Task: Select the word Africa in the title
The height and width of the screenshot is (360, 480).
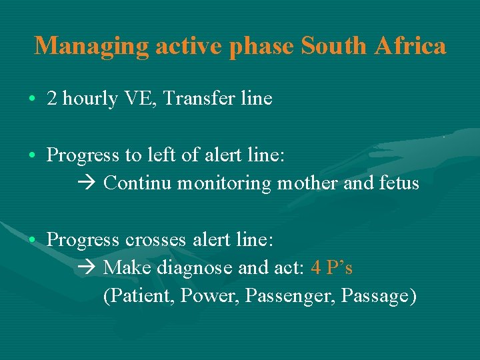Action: click(410, 46)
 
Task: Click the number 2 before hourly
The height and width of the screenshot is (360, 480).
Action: click(51, 99)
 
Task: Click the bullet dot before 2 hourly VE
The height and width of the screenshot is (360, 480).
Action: click(33, 99)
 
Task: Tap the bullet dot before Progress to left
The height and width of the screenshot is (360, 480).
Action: click(33, 156)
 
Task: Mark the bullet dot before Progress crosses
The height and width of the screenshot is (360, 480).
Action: click(33, 239)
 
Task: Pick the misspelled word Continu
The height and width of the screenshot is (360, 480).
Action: click(138, 183)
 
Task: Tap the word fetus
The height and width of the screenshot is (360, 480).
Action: click(398, 183)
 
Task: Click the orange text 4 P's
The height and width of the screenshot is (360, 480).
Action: click(332, 268)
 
